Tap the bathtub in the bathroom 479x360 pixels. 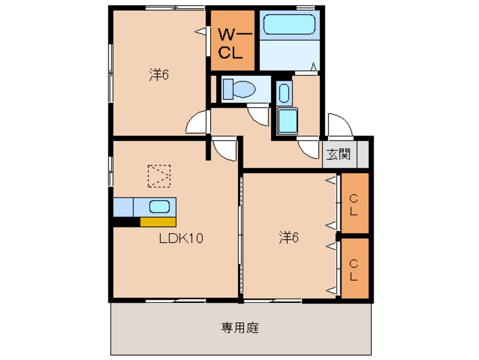tap(289, 25)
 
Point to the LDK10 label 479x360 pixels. tap(180, 239)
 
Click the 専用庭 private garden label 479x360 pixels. tap(240, 327)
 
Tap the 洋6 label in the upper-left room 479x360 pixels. tap(159, 75)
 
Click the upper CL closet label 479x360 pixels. tap(354, 205)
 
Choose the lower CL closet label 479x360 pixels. tap(354, 269)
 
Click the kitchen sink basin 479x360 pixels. tap(160, 207)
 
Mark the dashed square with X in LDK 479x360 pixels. tap(159, 175)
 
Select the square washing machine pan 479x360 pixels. tap(288, 120)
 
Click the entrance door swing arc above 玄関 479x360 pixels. tap(339, 126)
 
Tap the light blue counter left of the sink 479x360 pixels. tap(123, 207)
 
